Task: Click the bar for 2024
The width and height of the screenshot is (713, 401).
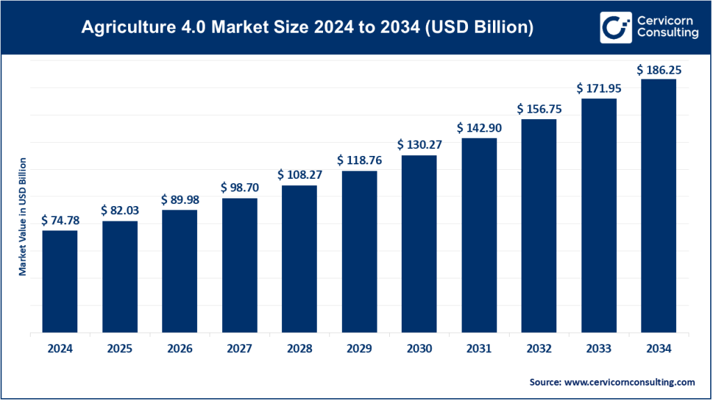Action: tap(60, 281)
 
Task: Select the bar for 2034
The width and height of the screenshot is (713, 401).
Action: tap(658, 206)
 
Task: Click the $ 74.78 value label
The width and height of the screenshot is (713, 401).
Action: tap(60, 221)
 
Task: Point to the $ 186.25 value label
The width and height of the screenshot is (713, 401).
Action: tap(659, 70)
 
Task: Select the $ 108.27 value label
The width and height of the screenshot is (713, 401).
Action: tap(299, 175)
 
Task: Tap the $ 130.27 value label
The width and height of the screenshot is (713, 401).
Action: tap(419, 145)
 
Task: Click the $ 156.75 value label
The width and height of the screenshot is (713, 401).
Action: tap(539, 109)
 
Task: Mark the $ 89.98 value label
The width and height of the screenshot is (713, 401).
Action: tap(180, 200)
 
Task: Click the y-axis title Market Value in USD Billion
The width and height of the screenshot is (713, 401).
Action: tap(22, 217)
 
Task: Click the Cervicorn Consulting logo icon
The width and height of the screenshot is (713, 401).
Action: tap(613, 27)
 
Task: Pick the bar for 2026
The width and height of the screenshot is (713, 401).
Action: tap(180, 271)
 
